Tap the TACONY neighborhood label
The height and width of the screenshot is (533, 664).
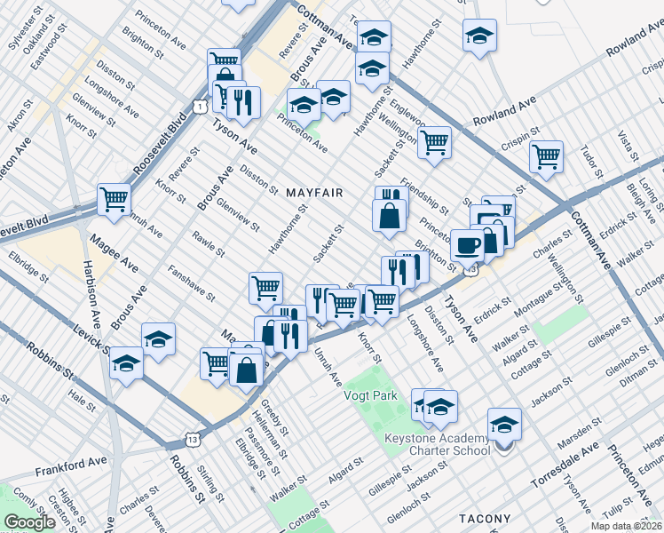point(485,519)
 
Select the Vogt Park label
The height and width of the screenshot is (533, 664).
point(370,396)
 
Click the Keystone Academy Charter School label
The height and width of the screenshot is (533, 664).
point(437,444)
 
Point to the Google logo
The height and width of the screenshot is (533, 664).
point(29,521)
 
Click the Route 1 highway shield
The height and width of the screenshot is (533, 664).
point(201,107)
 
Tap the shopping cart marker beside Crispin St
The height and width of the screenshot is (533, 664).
point(546,157)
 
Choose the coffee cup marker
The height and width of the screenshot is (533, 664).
point(467,244)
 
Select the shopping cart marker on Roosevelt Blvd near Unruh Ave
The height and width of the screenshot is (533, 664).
point(114,200)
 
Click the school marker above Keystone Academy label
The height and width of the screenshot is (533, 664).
point(504,425)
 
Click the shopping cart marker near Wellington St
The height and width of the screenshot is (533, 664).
point(434,141)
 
